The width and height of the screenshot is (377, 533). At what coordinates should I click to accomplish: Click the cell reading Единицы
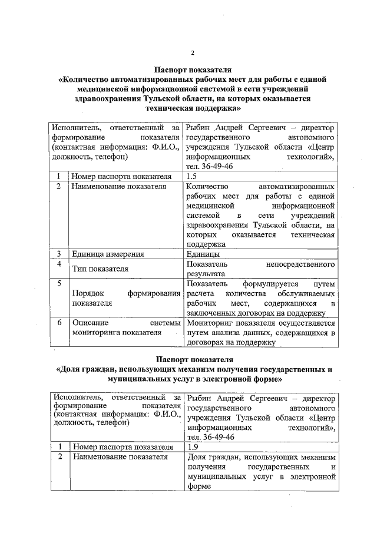click(x=203, y=254)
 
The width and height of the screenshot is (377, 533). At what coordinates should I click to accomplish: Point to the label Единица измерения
click(x=108, y=254)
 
